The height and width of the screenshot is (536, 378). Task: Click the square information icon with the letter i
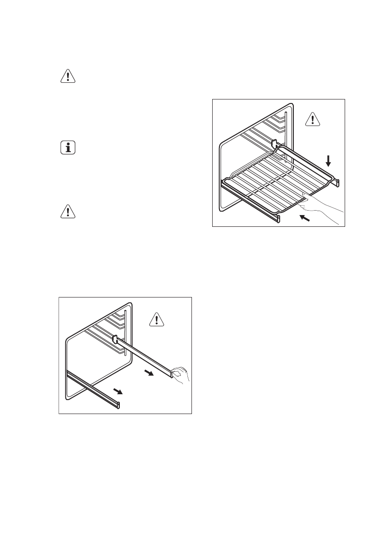coord(68,149)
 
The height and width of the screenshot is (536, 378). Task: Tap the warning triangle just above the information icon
coord(68,77)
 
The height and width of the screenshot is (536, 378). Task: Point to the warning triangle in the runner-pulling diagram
coord(156,320)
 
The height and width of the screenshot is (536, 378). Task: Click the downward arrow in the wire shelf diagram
coord(328,160)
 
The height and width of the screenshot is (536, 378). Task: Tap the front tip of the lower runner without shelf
coord(119,405)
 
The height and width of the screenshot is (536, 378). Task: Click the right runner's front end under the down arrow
coord(337,182)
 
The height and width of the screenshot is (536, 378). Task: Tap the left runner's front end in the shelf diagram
coord(278,219)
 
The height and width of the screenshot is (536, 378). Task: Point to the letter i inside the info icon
coord(68,149)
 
